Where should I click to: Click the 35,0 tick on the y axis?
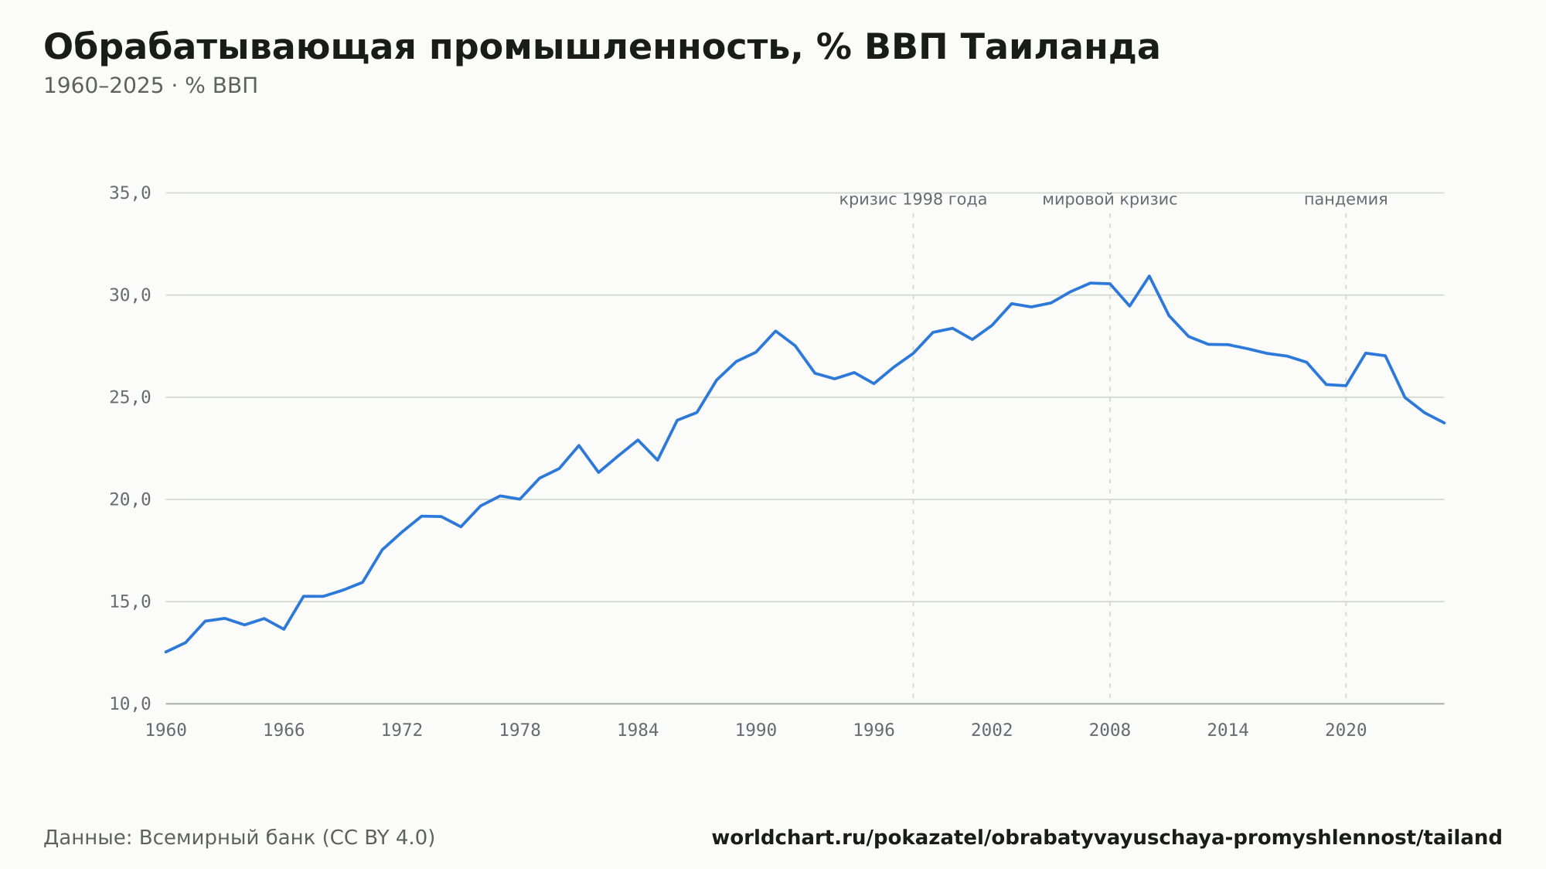point(130,193)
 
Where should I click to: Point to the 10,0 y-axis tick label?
point(130,704)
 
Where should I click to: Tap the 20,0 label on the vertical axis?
point(130,499)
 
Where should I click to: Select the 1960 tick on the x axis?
point(166,731)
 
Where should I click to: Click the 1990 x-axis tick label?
point(756,731)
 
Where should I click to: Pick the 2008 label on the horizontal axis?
point(1110,731)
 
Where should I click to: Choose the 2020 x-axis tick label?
point(1346,731)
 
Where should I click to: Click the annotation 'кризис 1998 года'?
point(913,199)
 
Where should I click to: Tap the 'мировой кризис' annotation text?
point(1110,199)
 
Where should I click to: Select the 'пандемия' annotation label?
point(1346,199)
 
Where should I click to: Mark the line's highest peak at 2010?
point(1149,276)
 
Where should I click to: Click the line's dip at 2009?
point(1129,306)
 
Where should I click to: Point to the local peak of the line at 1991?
point(775,331)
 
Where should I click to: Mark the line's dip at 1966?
point(284,629)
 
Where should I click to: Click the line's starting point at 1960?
point(166,652)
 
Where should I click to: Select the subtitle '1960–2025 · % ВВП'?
point(151,86)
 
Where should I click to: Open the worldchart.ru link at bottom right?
point(1106,838)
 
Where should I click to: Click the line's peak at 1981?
point(579,445)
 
